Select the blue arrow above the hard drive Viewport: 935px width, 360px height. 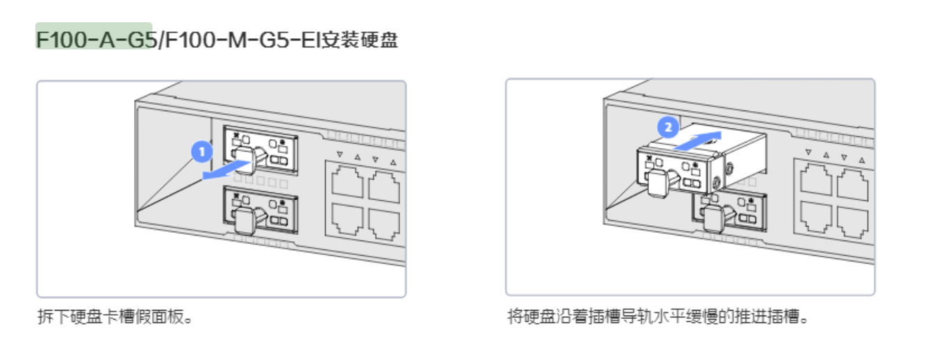(698, 138)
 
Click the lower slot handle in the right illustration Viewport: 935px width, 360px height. (713, 218)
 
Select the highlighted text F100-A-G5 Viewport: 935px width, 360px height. (94, 39)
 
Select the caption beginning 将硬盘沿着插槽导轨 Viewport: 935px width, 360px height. (659, 318)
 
